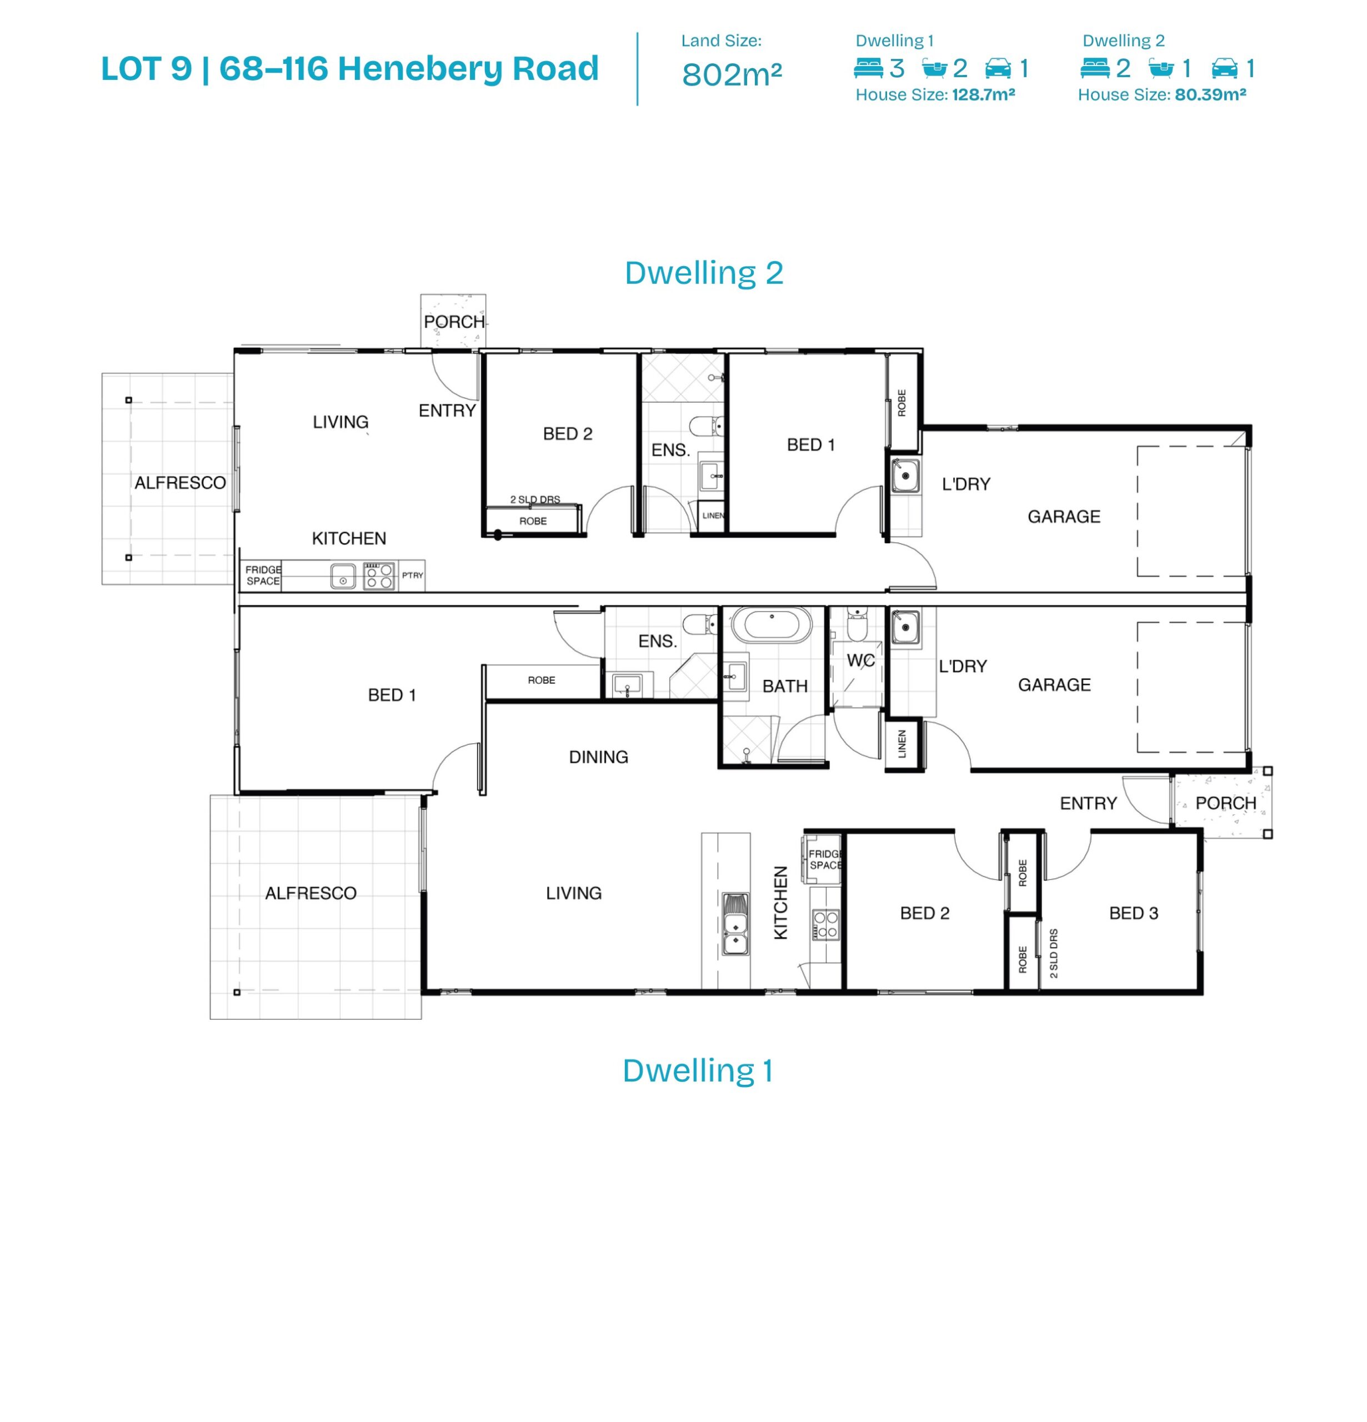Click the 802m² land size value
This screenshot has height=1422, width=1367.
[732, 74]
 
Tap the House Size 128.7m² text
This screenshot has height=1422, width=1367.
[934, 94]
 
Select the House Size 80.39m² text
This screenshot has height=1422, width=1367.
[1161, 94]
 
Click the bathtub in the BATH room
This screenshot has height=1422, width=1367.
[772, 625]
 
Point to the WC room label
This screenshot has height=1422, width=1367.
[860, 660]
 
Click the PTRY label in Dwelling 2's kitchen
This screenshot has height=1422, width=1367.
[412, 575]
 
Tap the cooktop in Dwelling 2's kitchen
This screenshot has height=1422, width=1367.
[379, 576]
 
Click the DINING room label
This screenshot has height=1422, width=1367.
[598, 757]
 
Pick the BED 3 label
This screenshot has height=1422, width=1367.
[1133, 913]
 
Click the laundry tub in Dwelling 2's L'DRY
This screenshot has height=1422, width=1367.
[905, 475]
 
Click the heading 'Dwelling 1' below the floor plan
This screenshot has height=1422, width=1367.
[697, 1070]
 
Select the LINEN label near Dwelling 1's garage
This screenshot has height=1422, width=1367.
[902, 744]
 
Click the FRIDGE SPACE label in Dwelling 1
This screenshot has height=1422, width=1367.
[825, 859]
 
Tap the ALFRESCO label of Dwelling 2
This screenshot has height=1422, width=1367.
[180, 483]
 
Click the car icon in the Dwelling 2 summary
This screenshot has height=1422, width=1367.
[1224, 68]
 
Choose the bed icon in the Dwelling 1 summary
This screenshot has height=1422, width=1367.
[869, 68]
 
